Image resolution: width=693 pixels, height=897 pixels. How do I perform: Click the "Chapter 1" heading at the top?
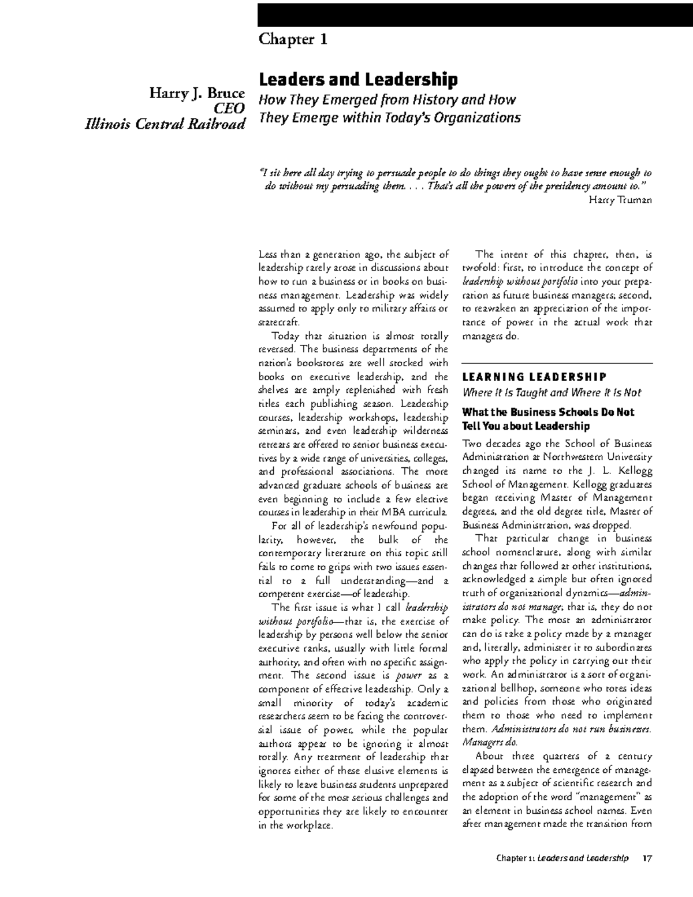pyautogui.click(x=293, y=39)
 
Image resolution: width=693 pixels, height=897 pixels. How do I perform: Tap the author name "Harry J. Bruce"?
pyautogui.click(x=198, y=93)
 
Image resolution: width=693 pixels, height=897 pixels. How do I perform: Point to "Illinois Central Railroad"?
pyautogui.click(x=165, y=124)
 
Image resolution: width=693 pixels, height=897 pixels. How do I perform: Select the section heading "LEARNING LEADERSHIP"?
pyautogui.click(x=534, y=377)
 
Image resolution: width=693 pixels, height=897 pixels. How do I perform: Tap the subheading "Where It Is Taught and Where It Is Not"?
pyautogui.click(x=552, y=393)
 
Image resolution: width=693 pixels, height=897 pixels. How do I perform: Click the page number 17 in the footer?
pyautogui.click(x=647, y=858)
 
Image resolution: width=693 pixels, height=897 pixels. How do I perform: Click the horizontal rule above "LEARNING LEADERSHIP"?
pyautogui.click(x=557, y=363)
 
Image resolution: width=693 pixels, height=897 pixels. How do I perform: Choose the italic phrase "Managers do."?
pyautogui.click(x=491, y=742)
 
